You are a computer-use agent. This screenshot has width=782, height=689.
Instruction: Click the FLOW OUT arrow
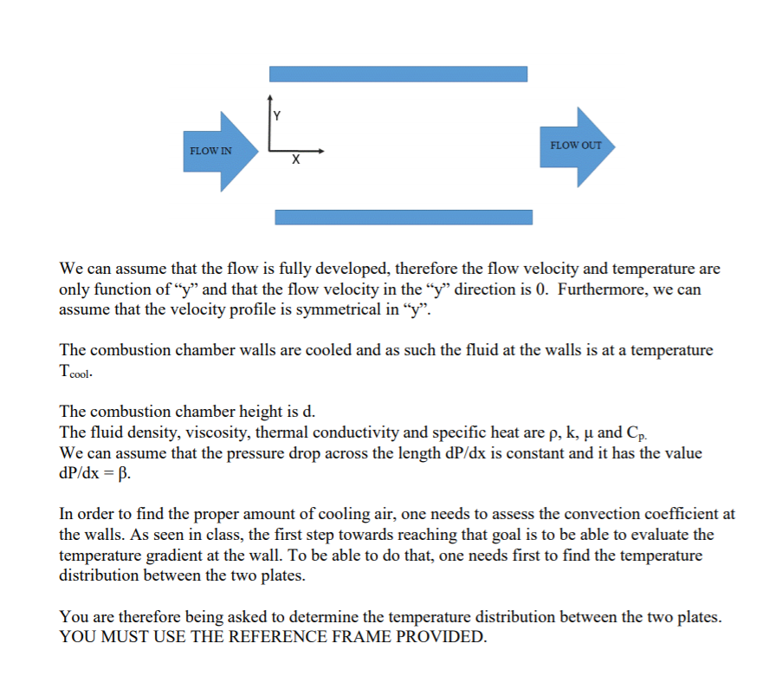(578, 146)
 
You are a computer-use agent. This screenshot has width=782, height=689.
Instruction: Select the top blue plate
(398, 74)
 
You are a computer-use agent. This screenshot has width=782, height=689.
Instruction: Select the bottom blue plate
(404, 217)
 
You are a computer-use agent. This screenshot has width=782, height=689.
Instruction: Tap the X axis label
(295, 160)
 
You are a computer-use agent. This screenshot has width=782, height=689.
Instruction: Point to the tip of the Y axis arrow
(270, 94)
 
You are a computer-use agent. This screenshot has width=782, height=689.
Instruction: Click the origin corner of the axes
(270, 151)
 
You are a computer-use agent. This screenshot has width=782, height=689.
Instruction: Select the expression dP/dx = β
(95, 474)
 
